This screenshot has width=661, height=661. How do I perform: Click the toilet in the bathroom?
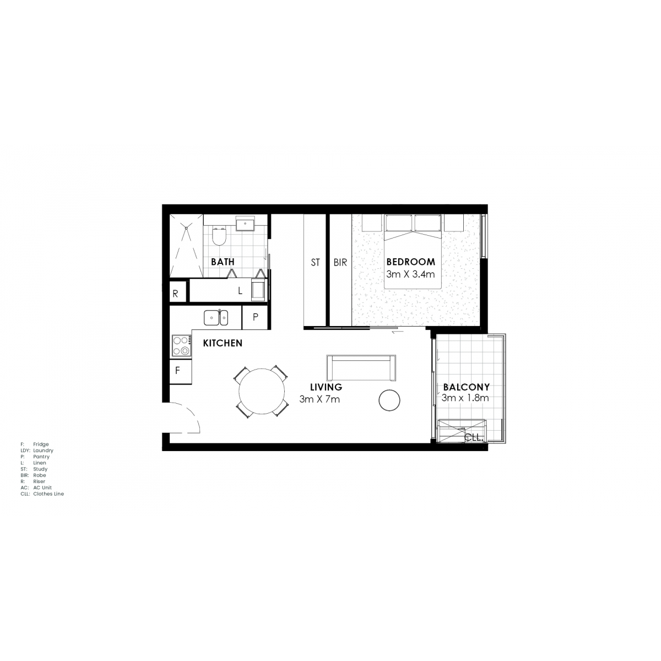tap(219, 236)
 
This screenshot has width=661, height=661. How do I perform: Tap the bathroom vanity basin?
tap(245, 223)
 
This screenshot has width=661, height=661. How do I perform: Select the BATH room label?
tap(223, 262)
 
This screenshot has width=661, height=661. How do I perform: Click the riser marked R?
tap(178, 291)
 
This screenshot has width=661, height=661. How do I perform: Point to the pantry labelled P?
tap(255, 317)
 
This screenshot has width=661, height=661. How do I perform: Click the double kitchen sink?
tap(216, 318)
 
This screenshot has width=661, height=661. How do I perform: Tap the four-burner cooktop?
tap(182, 345)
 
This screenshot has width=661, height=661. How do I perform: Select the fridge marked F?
tap(181, 371)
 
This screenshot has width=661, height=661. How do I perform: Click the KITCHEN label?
tap(223, 343)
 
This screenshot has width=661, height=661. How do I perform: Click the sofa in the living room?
tap(361, 368)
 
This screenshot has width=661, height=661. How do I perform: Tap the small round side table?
tap(389, 399)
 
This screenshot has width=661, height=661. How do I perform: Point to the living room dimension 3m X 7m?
tap(319, 399)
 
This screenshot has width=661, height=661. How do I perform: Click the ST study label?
tap(315, 262)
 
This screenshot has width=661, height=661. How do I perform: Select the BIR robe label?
tap(340, 262)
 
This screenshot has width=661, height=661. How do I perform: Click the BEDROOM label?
tap(410, 262)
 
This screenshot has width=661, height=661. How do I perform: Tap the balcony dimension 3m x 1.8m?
tap(465, 398)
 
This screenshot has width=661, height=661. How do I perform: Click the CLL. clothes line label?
tap(474, 438)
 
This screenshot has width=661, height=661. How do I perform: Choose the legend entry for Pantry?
tap(35, 457)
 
